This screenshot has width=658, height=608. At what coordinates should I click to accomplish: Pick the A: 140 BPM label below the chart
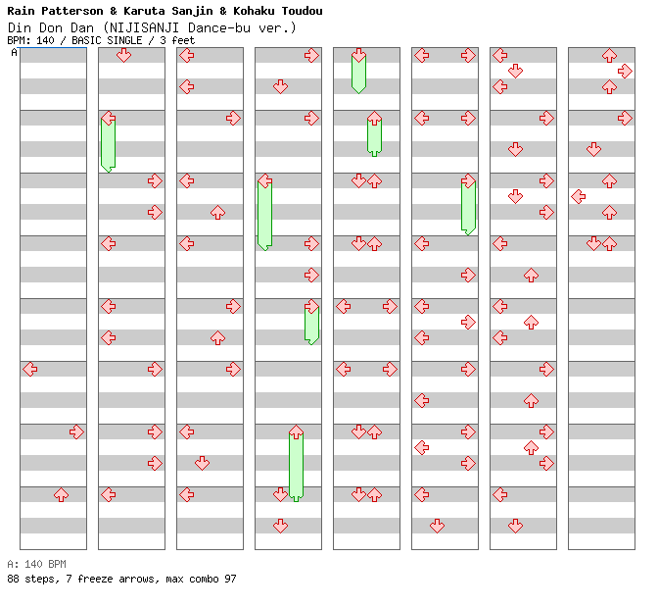pos(36,565)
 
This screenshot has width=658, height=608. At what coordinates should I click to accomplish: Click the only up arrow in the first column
pos(61,495)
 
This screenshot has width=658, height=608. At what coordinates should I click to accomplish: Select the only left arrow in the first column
pos(29,370)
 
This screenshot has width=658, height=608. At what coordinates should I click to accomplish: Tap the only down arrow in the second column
pos(123,55)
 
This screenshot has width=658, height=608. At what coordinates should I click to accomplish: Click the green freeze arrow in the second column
pos(108,142)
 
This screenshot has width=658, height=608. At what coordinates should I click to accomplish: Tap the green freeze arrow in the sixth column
pos(468,206)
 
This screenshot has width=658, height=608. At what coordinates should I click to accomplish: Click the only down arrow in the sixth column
pos(437,526)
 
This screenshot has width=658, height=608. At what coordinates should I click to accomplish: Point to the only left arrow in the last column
pos(578,196)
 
